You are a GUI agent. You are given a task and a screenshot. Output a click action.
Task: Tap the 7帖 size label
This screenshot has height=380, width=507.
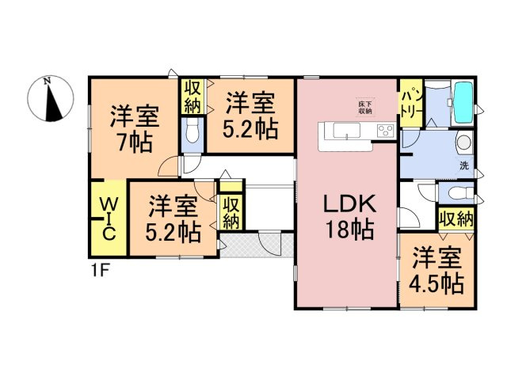[x=134, y=143]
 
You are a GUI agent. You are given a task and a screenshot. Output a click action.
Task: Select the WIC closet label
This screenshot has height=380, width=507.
[x=109, y=217]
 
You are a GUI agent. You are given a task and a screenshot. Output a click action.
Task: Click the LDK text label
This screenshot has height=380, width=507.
[x=348, y=204]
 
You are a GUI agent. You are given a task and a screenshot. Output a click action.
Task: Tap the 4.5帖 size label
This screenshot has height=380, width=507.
[x=436, y=283]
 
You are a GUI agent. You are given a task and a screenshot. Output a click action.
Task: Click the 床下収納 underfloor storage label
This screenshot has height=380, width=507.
[x=364, y=107]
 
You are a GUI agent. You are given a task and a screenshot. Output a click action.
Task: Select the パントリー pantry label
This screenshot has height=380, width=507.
[x=411, y=103]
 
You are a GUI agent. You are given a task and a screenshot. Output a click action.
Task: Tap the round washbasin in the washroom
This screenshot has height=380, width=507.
[x=463, y=145]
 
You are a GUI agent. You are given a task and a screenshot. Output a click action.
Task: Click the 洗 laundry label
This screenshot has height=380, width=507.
[x=464, y=166]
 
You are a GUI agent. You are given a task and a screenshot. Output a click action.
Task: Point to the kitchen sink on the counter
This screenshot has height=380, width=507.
[x=346, y=131]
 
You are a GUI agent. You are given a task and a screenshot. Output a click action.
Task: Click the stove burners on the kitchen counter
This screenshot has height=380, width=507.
[x=385, y=131]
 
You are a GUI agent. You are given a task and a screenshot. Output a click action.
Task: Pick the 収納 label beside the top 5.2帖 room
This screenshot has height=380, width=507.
[x=193, y=96]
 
